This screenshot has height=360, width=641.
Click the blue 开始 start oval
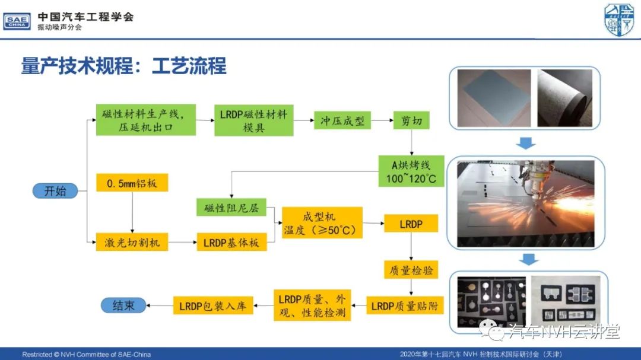(x=55, y=191)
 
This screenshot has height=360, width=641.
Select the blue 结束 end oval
(x=123, y=305)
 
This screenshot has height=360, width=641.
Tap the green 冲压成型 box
(x=342, y=120)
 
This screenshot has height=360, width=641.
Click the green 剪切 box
(x=411, y=120)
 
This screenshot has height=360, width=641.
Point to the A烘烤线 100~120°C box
(x=411, y=171)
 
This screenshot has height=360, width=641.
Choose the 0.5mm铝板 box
(x=132, y=183)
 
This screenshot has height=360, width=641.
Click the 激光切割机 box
(x=132, y=242)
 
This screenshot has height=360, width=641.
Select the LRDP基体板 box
(x=232, y=242)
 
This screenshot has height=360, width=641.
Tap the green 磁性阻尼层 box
(x=231, y=208)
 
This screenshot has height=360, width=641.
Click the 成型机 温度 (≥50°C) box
(x=322, y=222)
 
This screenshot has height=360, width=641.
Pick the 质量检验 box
(x=411, y=270)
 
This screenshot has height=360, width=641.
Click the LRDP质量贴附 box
(x=405, y=305)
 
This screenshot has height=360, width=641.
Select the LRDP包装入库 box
(x=213, y=305)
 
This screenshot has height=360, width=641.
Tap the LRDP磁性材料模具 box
(x=254, y=120)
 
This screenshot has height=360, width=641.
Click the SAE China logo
(x=17, y=21)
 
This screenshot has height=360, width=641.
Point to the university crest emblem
(x=619, y=20)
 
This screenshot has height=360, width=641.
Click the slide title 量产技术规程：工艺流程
(x=123, y=66)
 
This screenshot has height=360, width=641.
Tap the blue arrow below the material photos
(x=526, y=143)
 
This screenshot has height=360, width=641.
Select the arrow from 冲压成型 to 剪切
(x=382, y=120)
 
